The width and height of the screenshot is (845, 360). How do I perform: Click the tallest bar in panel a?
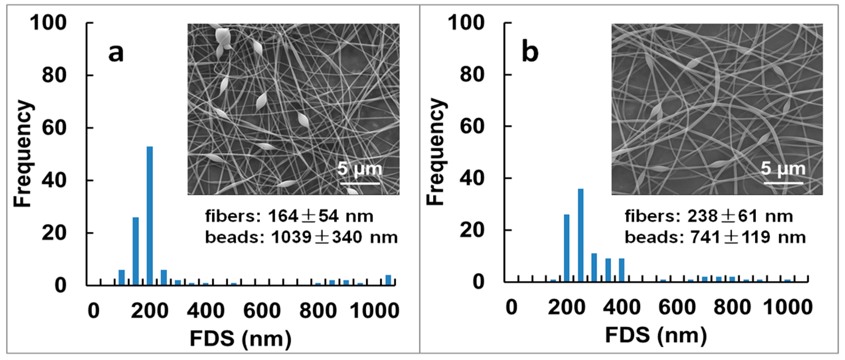click(150, 216)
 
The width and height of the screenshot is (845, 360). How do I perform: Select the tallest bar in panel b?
click(580, 236)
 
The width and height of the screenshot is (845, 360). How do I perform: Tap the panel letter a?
click(116, 53)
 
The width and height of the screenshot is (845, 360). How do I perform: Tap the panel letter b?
click(530, 52)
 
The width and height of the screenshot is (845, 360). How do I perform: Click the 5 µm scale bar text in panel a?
click(360, 169)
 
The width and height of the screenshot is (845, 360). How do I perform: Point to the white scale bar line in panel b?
click(783, 183)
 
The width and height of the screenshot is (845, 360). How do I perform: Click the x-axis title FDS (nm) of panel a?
click(241, 339)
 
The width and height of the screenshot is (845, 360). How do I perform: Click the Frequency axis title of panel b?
click(436, 152)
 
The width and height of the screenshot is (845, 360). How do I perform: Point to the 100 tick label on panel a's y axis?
click(48, 23)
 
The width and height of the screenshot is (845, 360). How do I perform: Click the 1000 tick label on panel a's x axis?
click(374, 311)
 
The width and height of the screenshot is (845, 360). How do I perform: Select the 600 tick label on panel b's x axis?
click(677, 307)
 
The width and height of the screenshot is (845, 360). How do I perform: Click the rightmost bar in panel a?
click(388, 280)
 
